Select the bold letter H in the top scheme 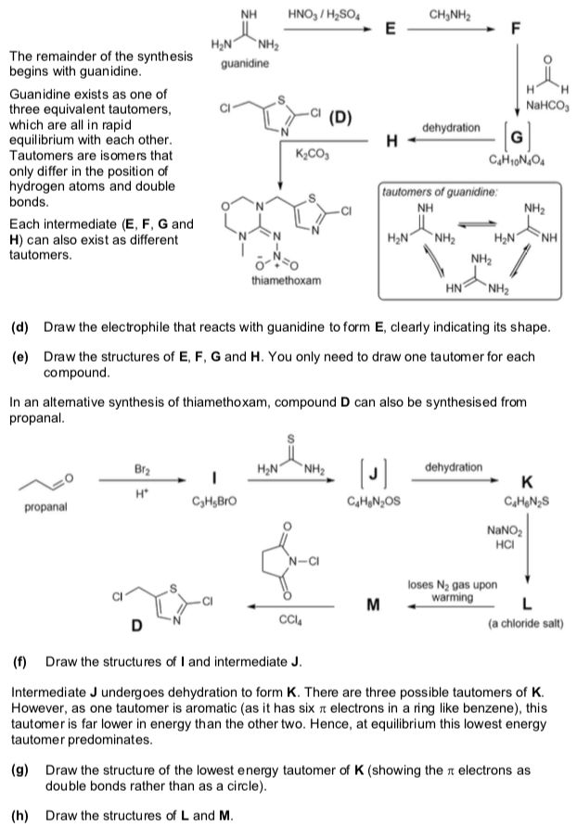(391, 141)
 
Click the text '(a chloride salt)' (525, 623)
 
